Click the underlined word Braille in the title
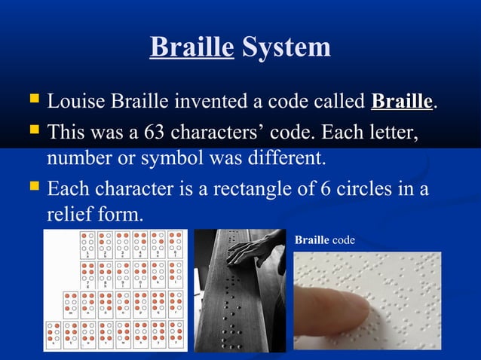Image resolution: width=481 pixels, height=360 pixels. (x=191, y=47)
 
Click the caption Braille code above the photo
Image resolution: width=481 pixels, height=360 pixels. (x=324, y=239)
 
